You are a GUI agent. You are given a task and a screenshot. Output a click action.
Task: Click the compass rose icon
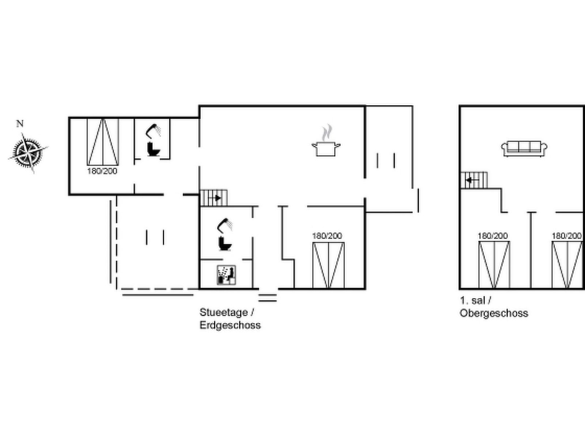[x=28, y=153]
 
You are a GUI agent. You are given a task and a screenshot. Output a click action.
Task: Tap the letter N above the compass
[x=20, y=123]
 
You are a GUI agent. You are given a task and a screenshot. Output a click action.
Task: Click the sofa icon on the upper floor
[x=524, y=149]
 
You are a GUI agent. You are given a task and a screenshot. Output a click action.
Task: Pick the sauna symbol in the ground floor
[x=226, y=275]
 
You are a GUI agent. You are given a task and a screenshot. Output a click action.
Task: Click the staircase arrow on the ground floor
[x=216, y=198]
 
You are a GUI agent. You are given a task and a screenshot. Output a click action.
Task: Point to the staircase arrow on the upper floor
[x=471, y=180]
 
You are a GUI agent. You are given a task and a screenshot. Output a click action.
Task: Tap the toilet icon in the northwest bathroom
[x=153, y=149]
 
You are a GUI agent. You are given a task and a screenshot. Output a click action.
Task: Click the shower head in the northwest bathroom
[x=153, y=131]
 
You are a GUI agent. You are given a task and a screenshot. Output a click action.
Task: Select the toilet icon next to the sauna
[x=224, y=243]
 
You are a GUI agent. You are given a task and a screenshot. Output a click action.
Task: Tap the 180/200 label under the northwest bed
[x=102, y=171]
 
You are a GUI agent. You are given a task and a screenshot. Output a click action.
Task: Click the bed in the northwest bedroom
[x=103, y=142]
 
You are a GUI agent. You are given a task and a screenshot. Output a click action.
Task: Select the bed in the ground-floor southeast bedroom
[x=328, y=265]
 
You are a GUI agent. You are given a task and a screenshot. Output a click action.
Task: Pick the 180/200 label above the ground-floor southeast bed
[x=327, y=236]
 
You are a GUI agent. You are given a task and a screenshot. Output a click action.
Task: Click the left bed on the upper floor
[x=494, y=265]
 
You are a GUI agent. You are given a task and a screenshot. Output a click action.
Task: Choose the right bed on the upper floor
[x=567, y=265]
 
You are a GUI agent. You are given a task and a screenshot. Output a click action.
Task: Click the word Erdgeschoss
[x=230, y=325]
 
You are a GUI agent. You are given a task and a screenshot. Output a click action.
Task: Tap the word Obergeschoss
[x=494, y=313]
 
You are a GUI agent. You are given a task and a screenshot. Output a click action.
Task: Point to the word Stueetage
[x=224, y=312]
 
